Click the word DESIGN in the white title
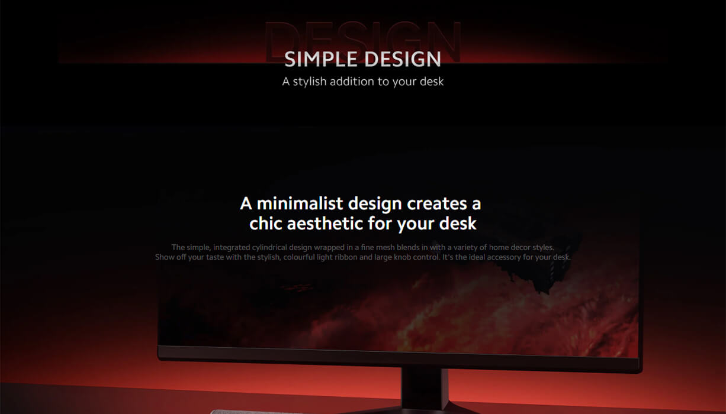pyautogui.click(x=403, y=59)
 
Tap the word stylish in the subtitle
pyautogui.click(x=310, y=82)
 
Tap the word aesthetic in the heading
pyautogui.click(x=326, y=224)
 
